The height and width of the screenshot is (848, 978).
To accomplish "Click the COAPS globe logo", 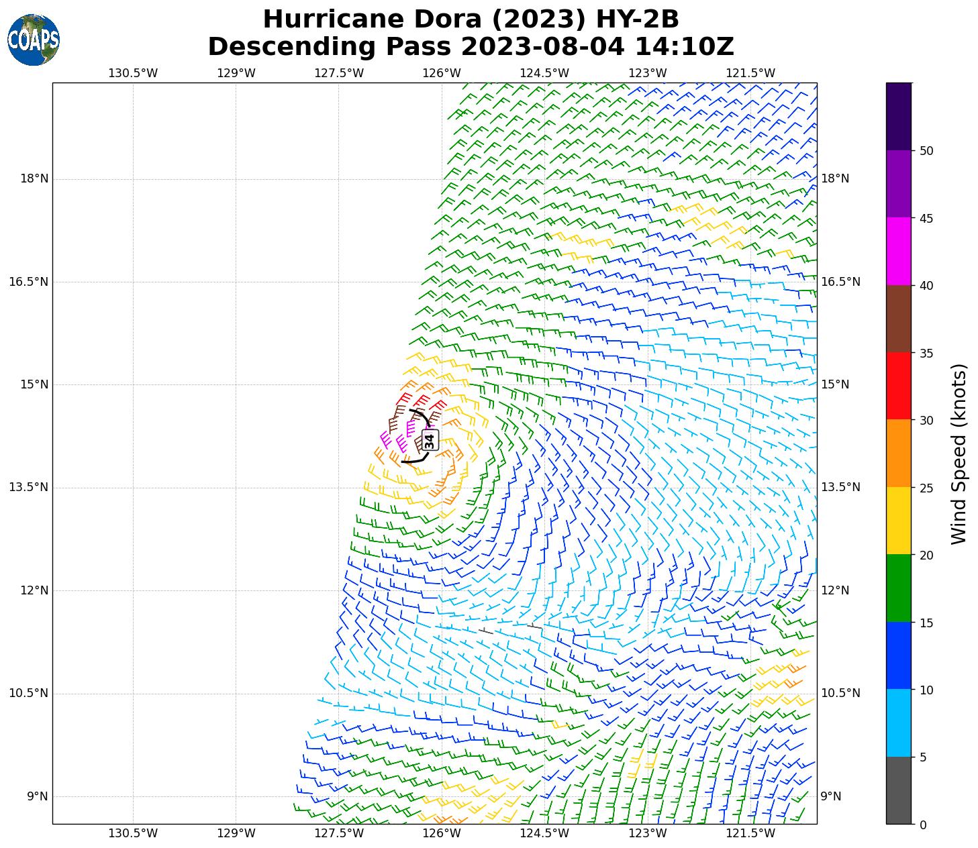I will pos(34,40).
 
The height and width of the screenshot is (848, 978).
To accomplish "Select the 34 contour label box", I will pos(430,439).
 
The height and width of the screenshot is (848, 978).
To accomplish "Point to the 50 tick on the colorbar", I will pos(926,151).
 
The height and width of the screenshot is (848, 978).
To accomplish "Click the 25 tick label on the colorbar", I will pos(926,488).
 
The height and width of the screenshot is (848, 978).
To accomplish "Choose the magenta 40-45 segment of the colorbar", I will pos(899,252).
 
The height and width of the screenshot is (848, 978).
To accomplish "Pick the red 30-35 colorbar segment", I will pos(899,386).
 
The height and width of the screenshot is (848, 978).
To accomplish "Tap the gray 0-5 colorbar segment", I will pos(899,790).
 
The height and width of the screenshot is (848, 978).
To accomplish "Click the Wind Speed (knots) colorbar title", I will pos(960,454).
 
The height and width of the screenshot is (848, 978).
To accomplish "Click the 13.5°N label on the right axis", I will pos(840,487).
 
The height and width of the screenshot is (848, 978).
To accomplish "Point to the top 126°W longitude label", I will pos(442,73).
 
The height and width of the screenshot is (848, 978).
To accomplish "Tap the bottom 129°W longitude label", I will pos(236,833).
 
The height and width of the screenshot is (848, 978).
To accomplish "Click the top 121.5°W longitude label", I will pos(750,73).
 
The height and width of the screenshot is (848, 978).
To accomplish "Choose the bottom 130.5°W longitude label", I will pos(133,833).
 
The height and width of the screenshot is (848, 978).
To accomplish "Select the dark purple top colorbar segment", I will pos(899,117).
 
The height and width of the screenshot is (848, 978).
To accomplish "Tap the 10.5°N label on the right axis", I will pos(840,693).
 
